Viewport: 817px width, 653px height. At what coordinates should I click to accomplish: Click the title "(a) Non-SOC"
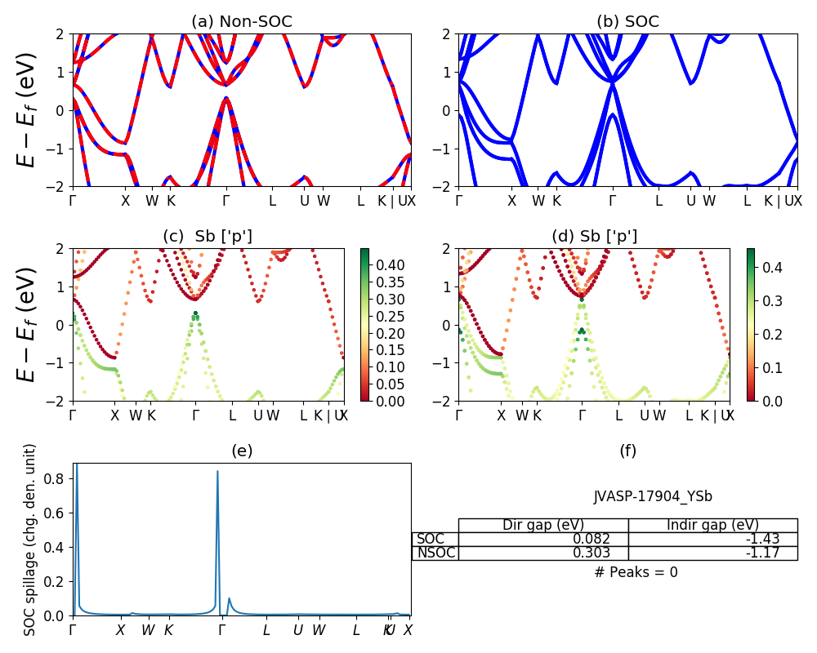pos(241,21)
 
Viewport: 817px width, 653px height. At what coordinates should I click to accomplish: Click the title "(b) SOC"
pos(627,21)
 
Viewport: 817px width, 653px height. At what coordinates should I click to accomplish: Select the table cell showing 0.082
pos(542,539)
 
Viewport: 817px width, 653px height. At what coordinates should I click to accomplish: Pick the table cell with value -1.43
pos(712,539)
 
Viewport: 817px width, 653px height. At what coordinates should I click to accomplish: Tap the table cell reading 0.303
pos(542,553)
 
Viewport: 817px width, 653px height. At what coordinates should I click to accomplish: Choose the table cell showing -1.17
pos(712,553)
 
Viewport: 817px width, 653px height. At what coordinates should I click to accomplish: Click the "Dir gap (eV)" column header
pos(542,525)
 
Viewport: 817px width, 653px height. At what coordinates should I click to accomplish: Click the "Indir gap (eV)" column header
pos(712,525)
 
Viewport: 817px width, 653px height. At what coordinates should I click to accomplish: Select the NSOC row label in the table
pos(435,553)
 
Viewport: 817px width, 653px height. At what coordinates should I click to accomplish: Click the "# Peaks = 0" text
pos(636,572)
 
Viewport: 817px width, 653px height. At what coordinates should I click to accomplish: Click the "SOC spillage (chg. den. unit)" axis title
pos(30,540)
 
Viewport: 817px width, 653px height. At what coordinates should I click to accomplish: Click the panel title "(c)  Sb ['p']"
pos(208,237)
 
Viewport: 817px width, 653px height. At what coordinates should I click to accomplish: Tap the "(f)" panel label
pos(627,451)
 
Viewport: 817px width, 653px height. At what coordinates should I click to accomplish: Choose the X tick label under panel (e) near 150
pos(121,630)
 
